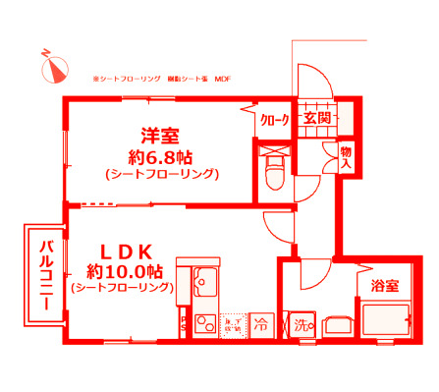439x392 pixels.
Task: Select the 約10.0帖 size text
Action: click(x=122, y=269)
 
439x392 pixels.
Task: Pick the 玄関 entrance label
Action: click(x=316, y=118)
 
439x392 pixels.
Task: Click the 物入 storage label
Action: click(x=346, y=156)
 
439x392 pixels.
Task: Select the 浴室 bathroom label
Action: click(x=384, y=286)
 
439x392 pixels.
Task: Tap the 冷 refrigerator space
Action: click(x=262, y=321)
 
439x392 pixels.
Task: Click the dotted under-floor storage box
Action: click(x=233, y=321)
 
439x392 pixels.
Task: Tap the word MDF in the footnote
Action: click(x=222, y=78)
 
